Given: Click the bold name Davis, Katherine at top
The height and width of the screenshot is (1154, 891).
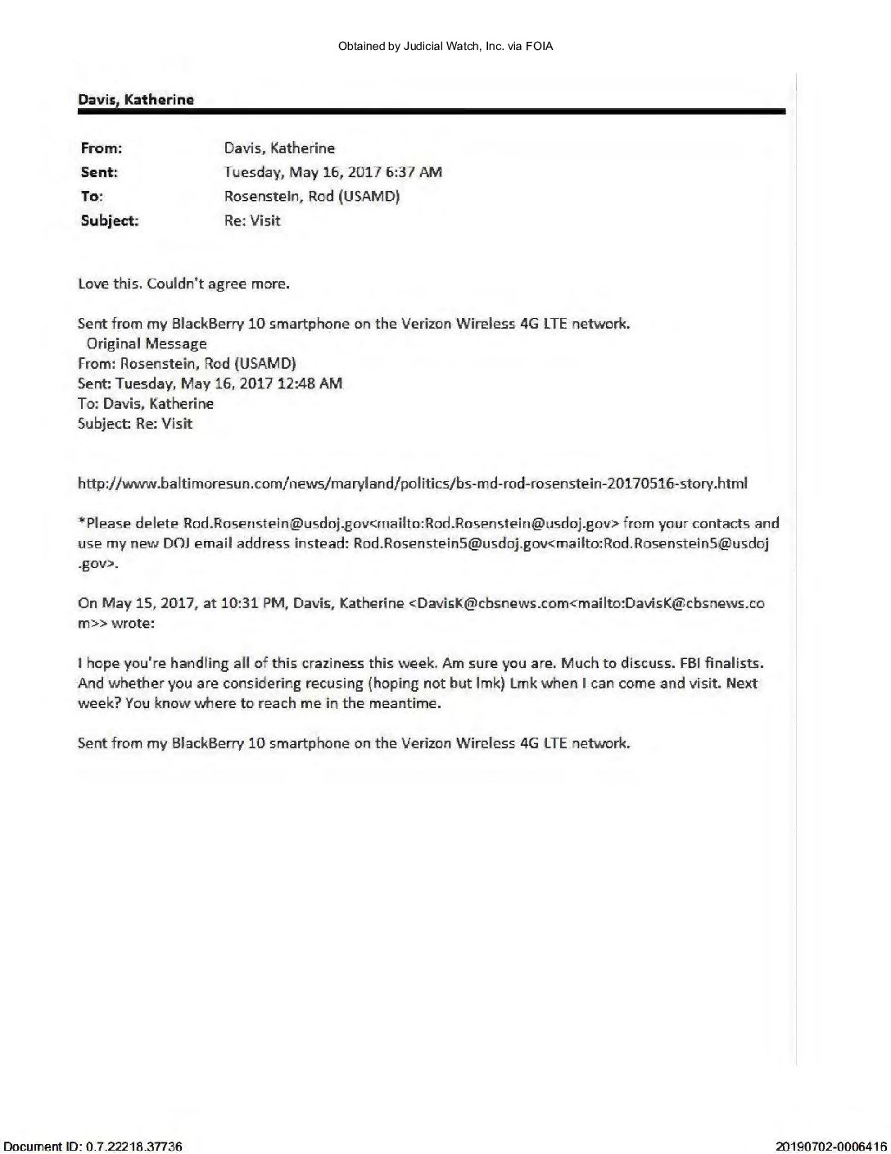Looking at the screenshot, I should pos(136,100).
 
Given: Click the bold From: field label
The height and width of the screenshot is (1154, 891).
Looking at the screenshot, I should pos(102,148).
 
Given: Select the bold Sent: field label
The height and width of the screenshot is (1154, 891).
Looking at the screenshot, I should pos(99,172).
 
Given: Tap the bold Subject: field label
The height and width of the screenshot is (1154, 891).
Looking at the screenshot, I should pos(110,220).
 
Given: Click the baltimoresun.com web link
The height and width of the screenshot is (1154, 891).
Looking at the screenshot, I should pos(412,484).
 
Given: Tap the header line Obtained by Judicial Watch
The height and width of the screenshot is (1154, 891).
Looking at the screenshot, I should pos(445,47).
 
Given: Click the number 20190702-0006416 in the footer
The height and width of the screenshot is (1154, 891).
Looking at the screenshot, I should pos(830,1146).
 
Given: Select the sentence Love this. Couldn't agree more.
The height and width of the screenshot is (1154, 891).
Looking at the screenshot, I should pos(183,284).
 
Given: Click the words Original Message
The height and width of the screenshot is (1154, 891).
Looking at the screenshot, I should pos(147,343).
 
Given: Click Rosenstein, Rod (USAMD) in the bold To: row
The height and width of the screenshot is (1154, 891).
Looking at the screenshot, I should pos(312,197).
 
